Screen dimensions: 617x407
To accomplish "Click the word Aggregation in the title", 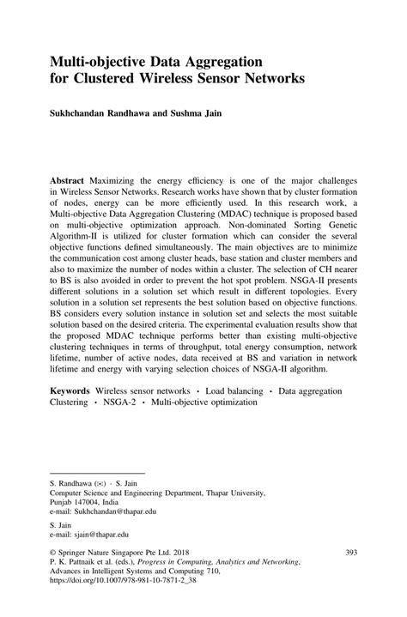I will [219, 64].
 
